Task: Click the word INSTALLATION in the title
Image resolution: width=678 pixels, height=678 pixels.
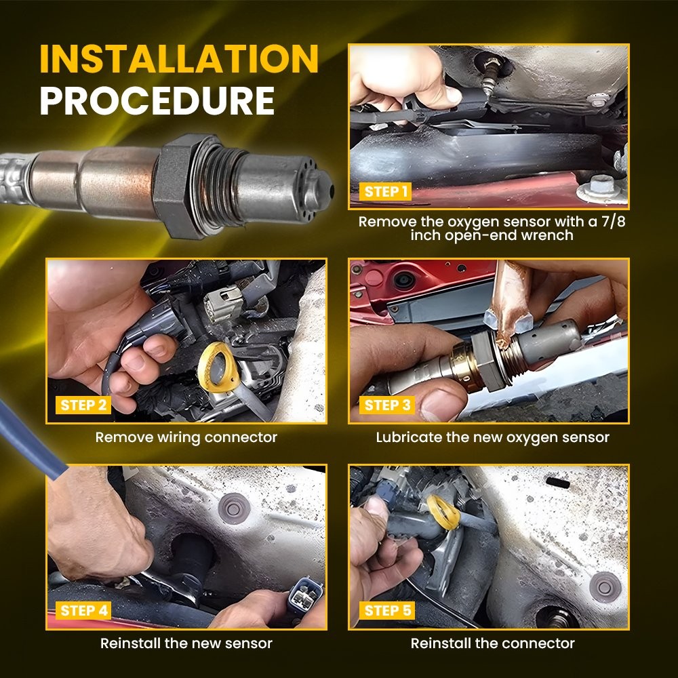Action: click(x=179, y=58)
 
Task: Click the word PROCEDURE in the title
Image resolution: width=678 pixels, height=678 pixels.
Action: click(x=157, y=101)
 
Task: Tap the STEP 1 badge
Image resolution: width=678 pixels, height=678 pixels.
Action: click(x=385, y=192)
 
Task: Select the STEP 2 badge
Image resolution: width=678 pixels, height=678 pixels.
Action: click(x=83, y=405)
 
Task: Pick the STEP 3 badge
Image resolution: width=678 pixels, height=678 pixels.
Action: click(x=387, y=405)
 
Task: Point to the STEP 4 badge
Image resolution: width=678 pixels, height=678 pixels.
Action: click(x=83, y=611)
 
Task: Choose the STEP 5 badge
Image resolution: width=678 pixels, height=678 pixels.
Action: click(x=387, y=611)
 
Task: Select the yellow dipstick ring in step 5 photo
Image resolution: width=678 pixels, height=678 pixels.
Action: click(x=444, y=513)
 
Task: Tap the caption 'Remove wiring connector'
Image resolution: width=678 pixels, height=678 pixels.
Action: click(x=186, y=437)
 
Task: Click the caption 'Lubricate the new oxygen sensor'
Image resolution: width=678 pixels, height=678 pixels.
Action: click(x=492, y=437)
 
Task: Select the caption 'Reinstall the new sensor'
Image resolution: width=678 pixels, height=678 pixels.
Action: click(x=186, y=643)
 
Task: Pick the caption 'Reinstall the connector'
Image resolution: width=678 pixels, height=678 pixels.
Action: click(x=492, y=643)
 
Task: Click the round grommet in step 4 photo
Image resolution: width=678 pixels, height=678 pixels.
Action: click(x=234, y=508)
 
